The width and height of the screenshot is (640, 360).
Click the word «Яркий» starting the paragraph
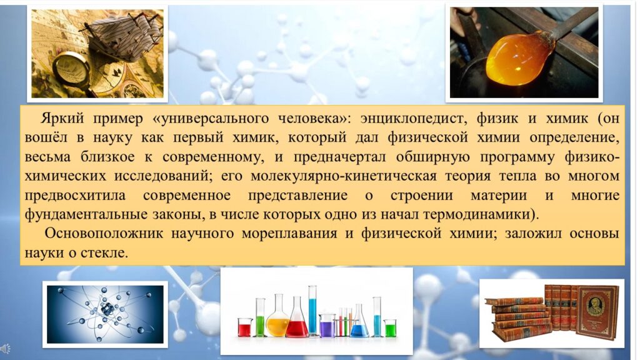click(62, 118)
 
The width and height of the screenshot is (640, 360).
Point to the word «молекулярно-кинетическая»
click(343, 176)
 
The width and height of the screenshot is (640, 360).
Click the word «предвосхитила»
click(75, 195)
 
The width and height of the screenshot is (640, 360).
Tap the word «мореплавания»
click(289, 234)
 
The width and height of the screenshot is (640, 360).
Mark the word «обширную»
click(432, 157)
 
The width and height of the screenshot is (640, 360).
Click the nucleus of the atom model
click(106, 309)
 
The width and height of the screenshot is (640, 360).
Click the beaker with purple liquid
click(327, 326)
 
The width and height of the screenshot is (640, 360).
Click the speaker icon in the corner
click(5, 349)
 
